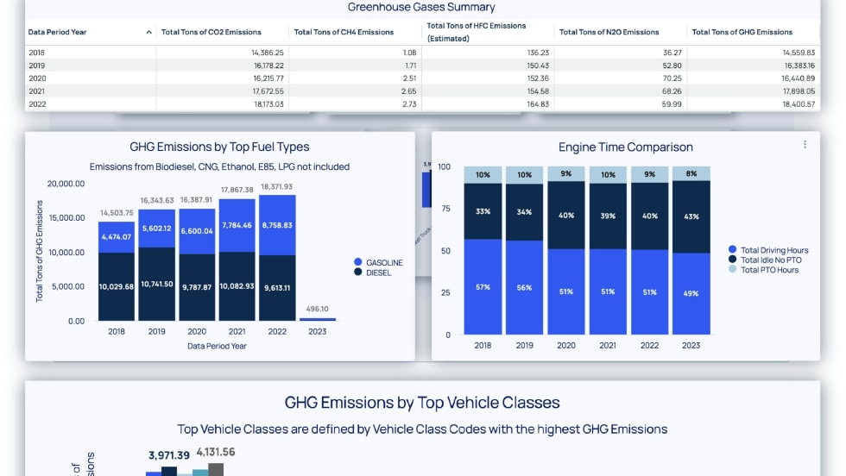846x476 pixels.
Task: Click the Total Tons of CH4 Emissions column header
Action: coord(344,32)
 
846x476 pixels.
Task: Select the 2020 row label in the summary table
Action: coord(37,78)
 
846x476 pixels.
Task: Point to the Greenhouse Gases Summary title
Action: coord(421,7)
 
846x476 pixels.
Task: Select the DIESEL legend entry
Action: coord(379,272)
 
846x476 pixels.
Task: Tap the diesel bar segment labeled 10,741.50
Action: coord(157,284)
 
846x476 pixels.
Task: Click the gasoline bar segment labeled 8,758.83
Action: coord(278,224)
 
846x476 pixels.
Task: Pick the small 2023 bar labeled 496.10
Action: coord(318,319)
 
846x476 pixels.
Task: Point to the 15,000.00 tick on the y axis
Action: coord(66,218)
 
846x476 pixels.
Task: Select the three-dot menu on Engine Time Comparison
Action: coord(805,145)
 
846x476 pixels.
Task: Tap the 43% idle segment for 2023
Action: coord(691,216)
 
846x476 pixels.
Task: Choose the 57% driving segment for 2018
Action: coord(483,286)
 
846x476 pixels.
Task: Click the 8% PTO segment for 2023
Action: coord(691,173)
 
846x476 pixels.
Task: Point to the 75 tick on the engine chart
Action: coord(445,208)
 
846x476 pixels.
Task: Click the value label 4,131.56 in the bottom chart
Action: coord(216,452)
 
